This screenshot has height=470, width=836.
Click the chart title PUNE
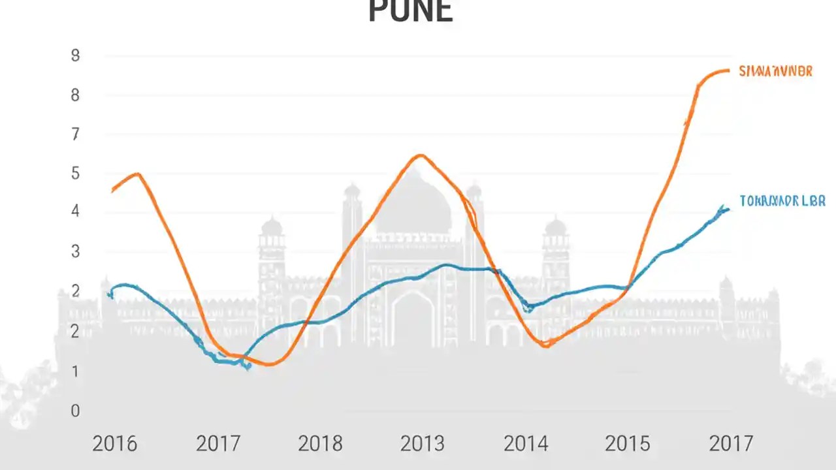(410, 12)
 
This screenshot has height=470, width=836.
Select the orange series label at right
(775, 71)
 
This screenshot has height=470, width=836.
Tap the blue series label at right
(782, 201)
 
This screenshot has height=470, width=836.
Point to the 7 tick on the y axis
(76, 134)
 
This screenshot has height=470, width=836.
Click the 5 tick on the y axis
(76, 174)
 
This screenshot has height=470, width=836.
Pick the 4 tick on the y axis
(76, 211)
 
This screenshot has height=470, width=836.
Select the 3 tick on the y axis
(76, 251)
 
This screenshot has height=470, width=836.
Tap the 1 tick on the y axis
(76, 371)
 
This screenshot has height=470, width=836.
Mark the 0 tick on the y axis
(76, 411)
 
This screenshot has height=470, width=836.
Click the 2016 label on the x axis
(115, 444)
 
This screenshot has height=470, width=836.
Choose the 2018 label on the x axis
(320, 444)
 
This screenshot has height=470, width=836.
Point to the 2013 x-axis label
(423, 444)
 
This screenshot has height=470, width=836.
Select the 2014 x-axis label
(526, 444)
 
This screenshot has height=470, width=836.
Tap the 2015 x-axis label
(627, 444)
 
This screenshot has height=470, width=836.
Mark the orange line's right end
(728, 70)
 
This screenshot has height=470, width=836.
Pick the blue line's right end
(728, 209)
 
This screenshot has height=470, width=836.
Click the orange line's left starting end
(113, 191)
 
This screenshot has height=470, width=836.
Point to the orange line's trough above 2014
(545, 345)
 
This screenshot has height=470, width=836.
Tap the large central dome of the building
(413, 202)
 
